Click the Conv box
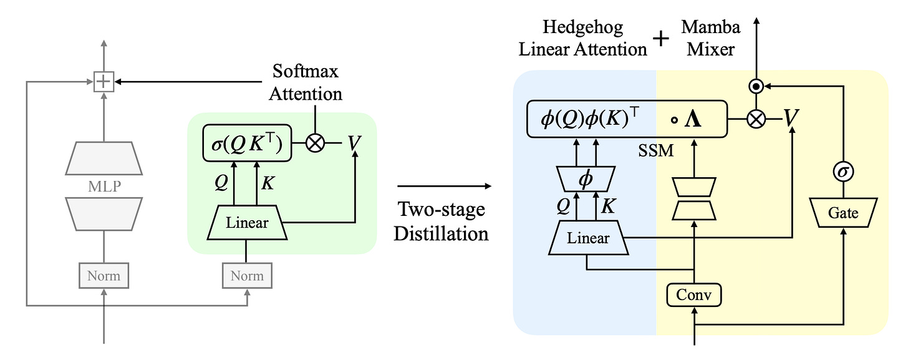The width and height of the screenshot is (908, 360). coord(694,294)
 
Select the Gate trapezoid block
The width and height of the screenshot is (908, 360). coord(843,213)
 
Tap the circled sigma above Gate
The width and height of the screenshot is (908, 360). coord(843,171)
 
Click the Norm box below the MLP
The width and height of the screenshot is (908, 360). coord(104,275)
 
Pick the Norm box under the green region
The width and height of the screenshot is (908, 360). coord(247,275)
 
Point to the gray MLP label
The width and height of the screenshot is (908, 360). coord(104,187)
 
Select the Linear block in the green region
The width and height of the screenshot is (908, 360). coord(247,223)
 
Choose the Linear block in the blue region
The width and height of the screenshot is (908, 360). coord(587,238)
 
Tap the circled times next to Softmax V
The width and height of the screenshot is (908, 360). coord(316,144)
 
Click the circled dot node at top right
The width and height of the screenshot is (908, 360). coord(756,86)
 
